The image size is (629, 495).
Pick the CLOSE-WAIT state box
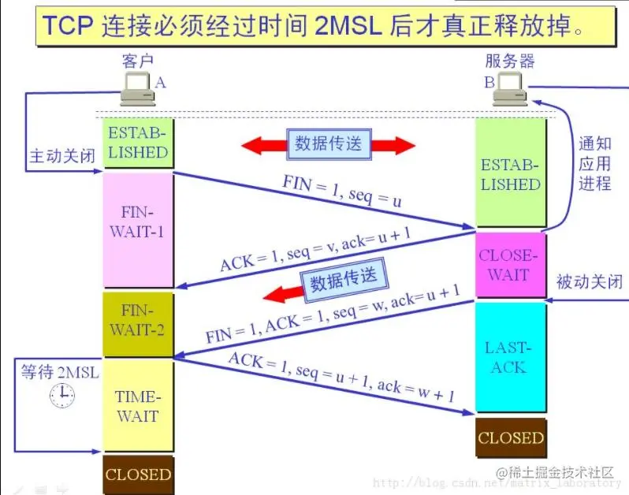(510, 266)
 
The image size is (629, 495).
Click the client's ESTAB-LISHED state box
(138, 142)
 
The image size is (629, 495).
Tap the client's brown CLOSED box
(138, 475)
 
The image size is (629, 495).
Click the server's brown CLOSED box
(510, 438)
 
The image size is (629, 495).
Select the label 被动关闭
(589, 281)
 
